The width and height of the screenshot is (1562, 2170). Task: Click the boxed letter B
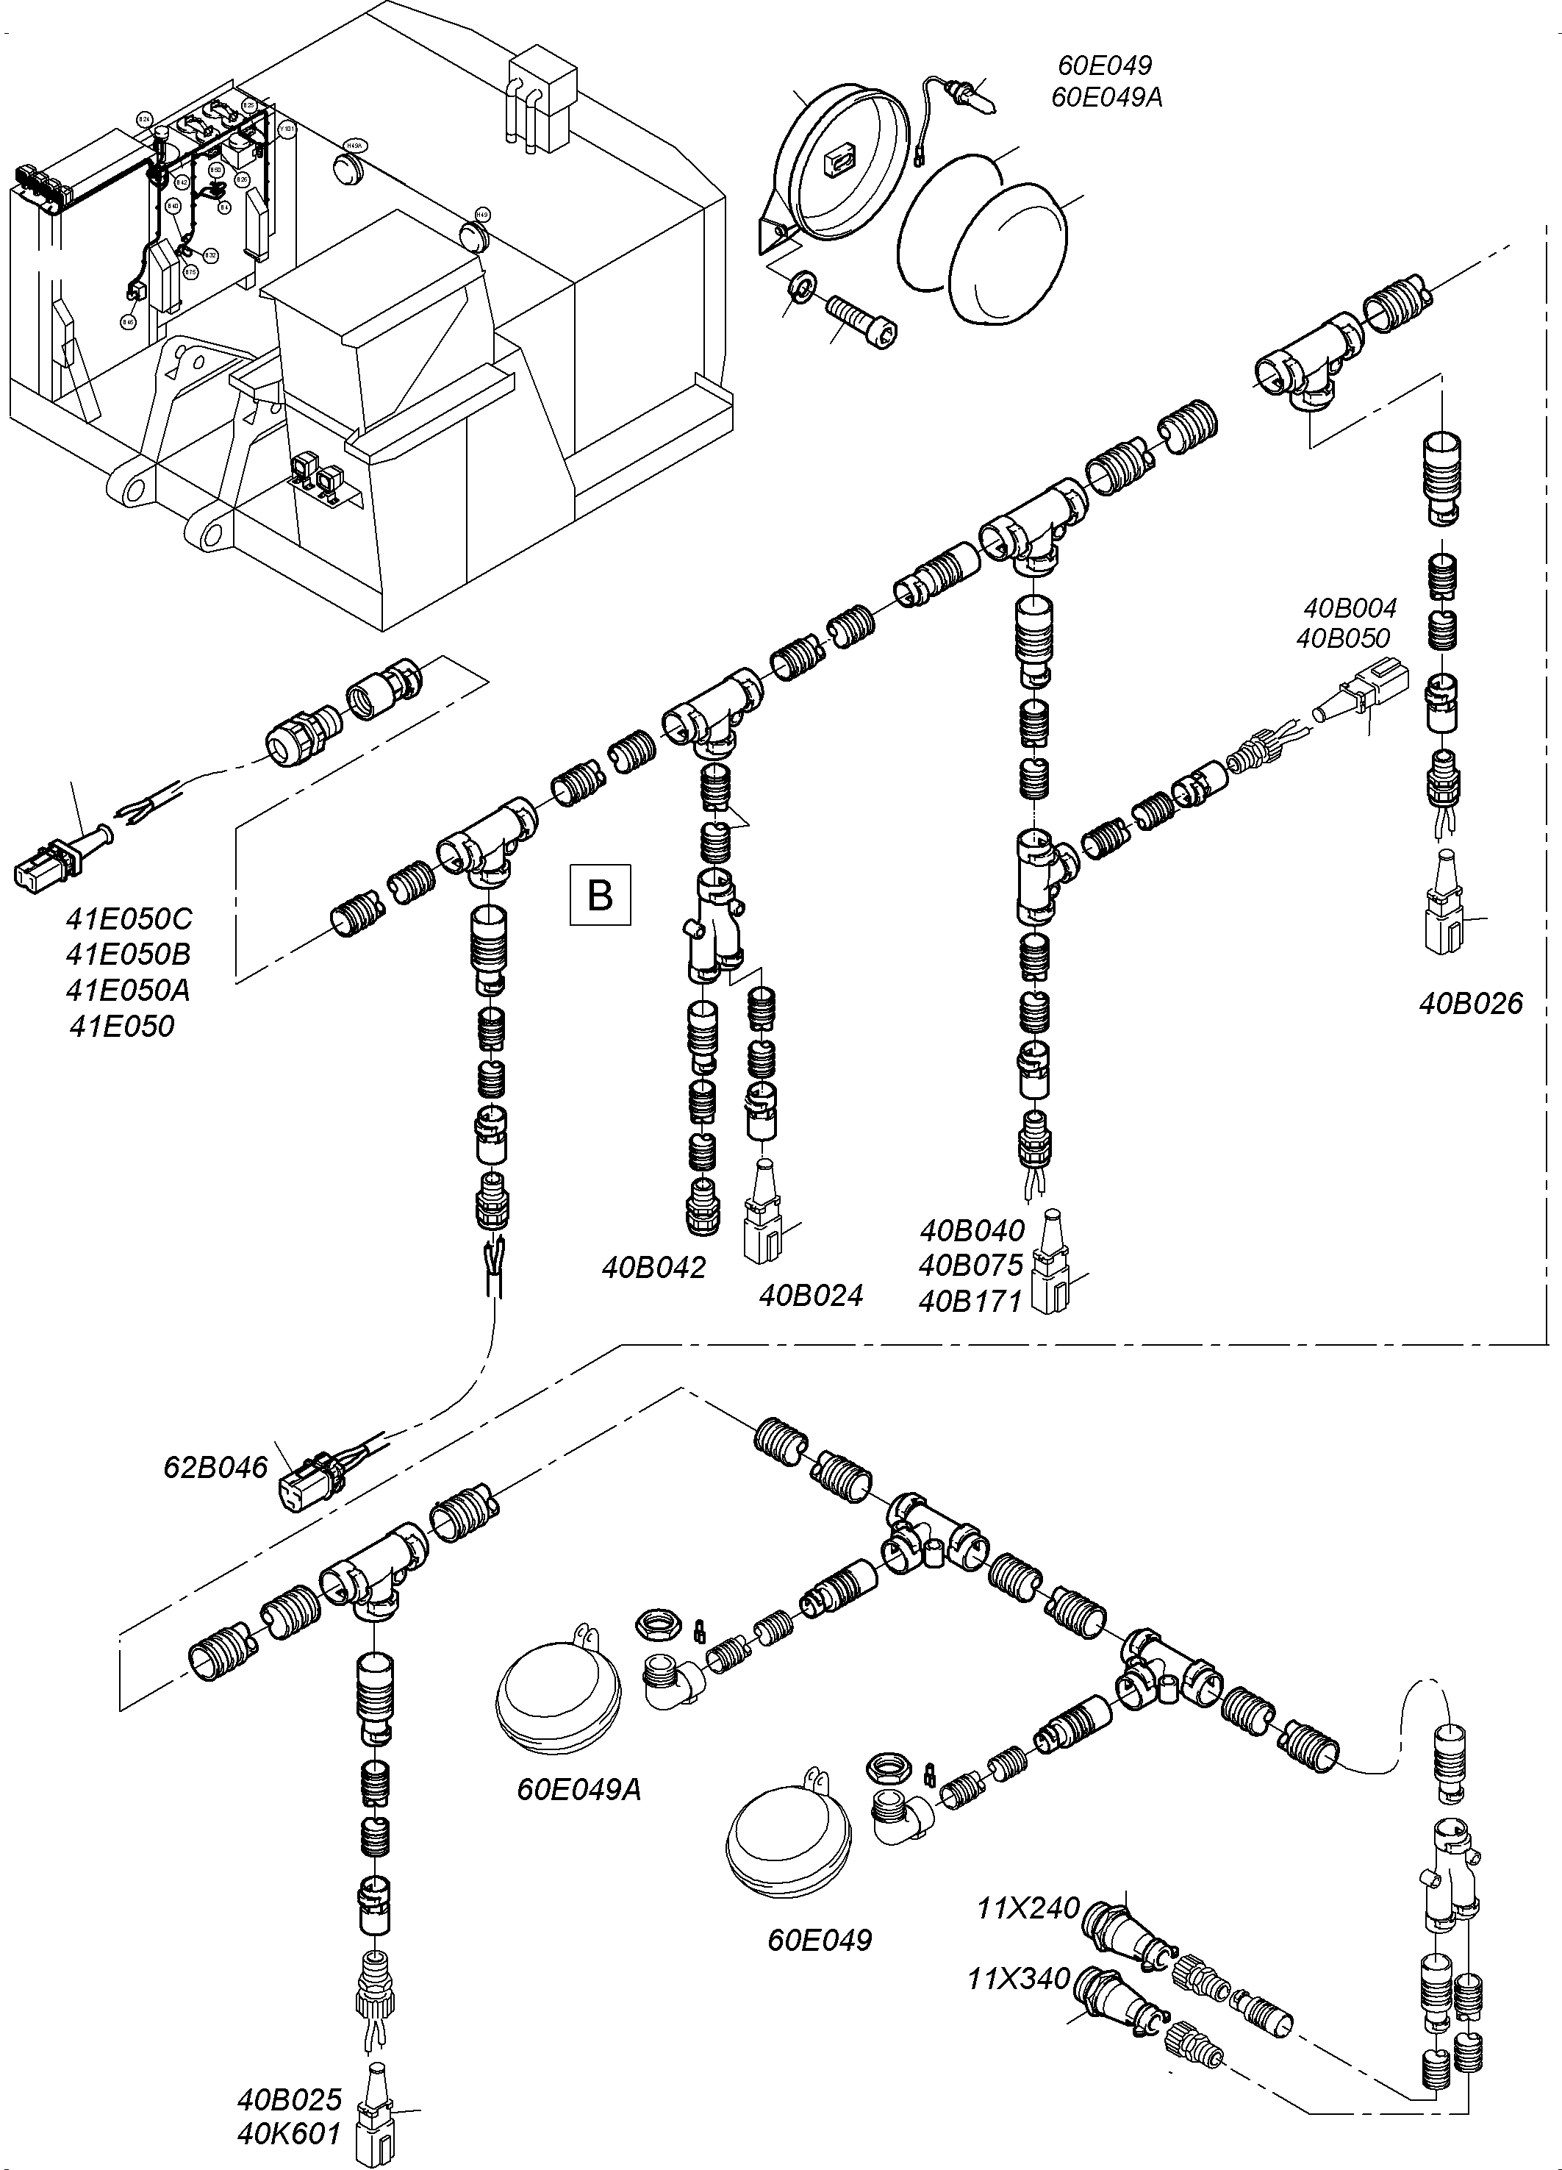click(600, 895)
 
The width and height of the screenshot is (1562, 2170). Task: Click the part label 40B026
click(1470, 1004)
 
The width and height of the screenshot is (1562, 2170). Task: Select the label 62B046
click(215, 1467)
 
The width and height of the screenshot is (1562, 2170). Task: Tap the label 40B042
click(653, 1268)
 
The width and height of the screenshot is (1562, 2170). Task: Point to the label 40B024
click(811, 1296)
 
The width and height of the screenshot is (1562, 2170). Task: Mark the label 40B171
click(971, 1302)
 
